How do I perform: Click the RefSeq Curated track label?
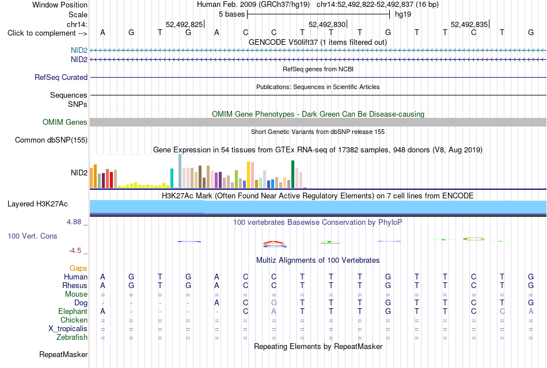61,78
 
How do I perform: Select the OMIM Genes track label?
65,122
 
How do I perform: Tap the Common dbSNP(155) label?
51,140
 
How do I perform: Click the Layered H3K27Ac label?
37,204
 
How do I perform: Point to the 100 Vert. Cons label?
32,236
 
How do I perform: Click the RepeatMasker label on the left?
63,355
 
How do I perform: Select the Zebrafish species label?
72,338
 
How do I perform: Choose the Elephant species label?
73,311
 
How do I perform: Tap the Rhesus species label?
75,285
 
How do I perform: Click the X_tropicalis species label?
68,329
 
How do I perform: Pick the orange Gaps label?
78,269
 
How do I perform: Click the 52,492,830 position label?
327,24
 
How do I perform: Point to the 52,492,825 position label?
184,24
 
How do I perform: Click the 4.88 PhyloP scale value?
74,222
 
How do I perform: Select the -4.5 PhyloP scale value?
75,251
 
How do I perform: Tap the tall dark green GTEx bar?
293,174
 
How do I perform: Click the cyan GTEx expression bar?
172,178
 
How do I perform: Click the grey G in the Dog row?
274,303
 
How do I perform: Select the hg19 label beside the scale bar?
403,14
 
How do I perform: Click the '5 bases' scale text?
232,14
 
